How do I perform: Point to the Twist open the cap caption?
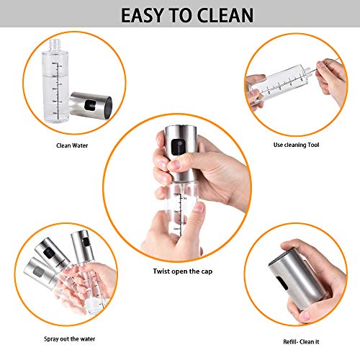pos(180,271)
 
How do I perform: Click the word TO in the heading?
pos(183,15)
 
